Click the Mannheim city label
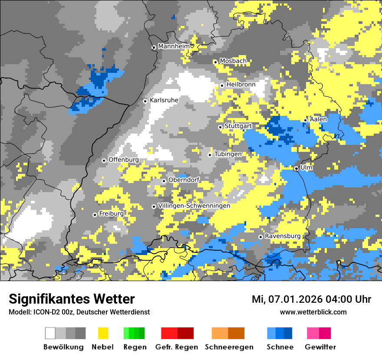point(174,46)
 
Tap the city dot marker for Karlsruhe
point(145,101)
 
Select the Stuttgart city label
point(238,126)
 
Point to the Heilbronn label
point(241,85)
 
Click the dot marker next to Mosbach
point(215,62)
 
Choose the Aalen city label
point(318,119)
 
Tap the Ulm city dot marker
point(296,168)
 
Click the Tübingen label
point(228,154)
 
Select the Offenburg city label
point(124,160)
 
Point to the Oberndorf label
point(184,180)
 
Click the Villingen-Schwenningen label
point(194,206)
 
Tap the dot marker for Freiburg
point(95,215)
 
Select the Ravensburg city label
point(283,236)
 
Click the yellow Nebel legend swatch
point(103,333)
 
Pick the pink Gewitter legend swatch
point(313,333)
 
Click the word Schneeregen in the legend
point(229,347)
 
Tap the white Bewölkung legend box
point(50,333)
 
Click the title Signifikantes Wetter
point(72,299)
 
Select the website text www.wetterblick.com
point(313,312)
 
